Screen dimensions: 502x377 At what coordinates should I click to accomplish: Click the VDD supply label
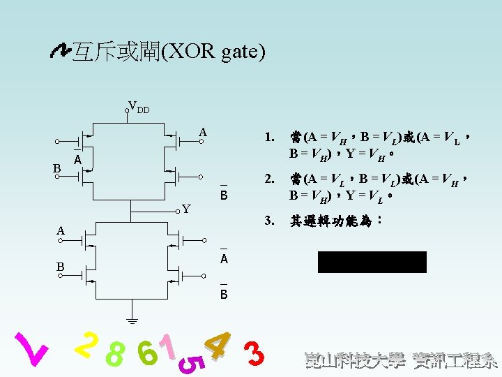(x=139, y=108)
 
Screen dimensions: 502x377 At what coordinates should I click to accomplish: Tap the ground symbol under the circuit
(x=130, y=321)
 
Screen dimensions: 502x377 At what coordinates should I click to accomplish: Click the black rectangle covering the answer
(x=372, y=262)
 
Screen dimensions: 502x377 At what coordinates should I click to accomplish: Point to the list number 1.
(x=269, y=138)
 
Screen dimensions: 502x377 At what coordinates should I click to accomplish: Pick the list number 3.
(x=269, y=221)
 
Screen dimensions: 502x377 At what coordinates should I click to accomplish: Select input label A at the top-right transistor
(x=202, y=133)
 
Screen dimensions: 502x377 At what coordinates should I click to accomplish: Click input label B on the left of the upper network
(x=57, y=168)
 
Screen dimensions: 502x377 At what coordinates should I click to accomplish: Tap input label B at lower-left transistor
(x=61, y=267)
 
